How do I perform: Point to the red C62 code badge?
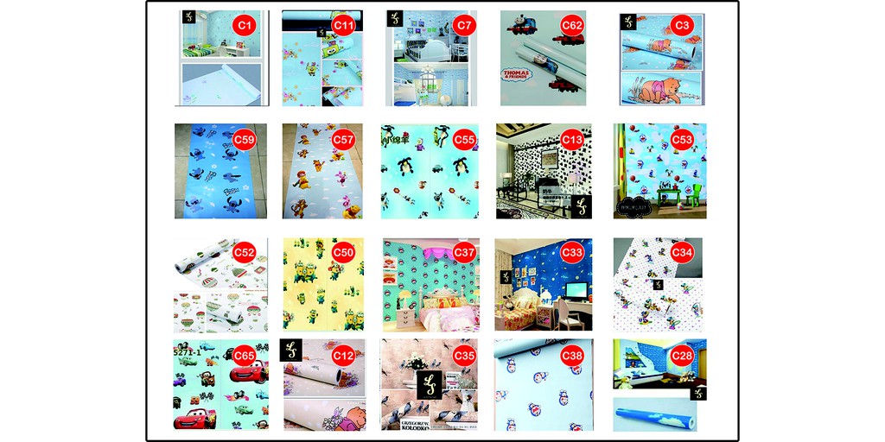[572, 25]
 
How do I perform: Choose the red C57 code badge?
[343, 138]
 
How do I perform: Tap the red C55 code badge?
[464, 138]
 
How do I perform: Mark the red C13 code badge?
[572, 138]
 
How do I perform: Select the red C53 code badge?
[683, 138]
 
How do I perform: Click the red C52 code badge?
[245, 252]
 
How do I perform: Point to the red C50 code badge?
[343, 252]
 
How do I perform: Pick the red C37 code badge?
[464, 252]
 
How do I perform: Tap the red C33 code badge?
[572, 252]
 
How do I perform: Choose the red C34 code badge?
[683, 252]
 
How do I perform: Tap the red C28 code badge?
[683, 355]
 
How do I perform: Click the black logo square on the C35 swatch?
[430, 385]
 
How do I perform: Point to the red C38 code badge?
[572, 355]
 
